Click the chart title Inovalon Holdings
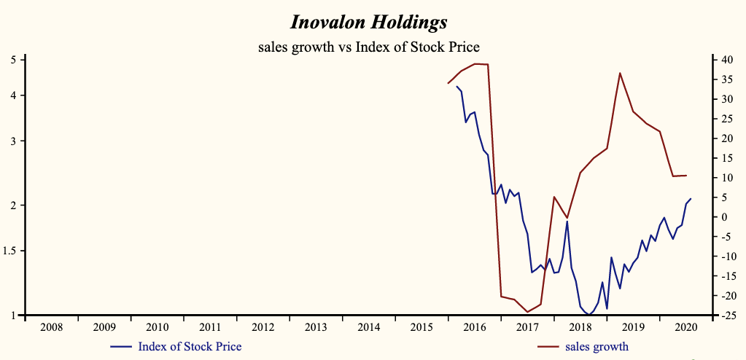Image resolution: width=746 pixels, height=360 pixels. point(368,22)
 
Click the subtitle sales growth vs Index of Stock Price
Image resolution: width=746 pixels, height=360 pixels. point(368,47)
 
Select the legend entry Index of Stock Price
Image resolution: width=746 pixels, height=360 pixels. point(189,346)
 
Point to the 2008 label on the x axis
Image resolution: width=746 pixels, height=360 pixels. point(51,327)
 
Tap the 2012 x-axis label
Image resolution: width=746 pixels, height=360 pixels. point(263,327)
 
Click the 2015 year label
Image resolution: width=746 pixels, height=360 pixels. point(421,327)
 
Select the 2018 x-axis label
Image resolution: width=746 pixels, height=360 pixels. point(580,327)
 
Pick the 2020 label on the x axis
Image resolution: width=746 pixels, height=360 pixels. point(686,327)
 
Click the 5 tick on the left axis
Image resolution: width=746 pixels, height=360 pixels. point(14,60)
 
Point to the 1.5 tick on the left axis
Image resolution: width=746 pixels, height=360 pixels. point(10,251)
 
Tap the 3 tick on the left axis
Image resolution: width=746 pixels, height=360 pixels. point(14,141)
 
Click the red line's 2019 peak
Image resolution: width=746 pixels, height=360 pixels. point(620,73)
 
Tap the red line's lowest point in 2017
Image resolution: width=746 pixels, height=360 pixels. point(527,312)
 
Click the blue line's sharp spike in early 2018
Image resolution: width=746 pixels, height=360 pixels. point(567,221)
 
